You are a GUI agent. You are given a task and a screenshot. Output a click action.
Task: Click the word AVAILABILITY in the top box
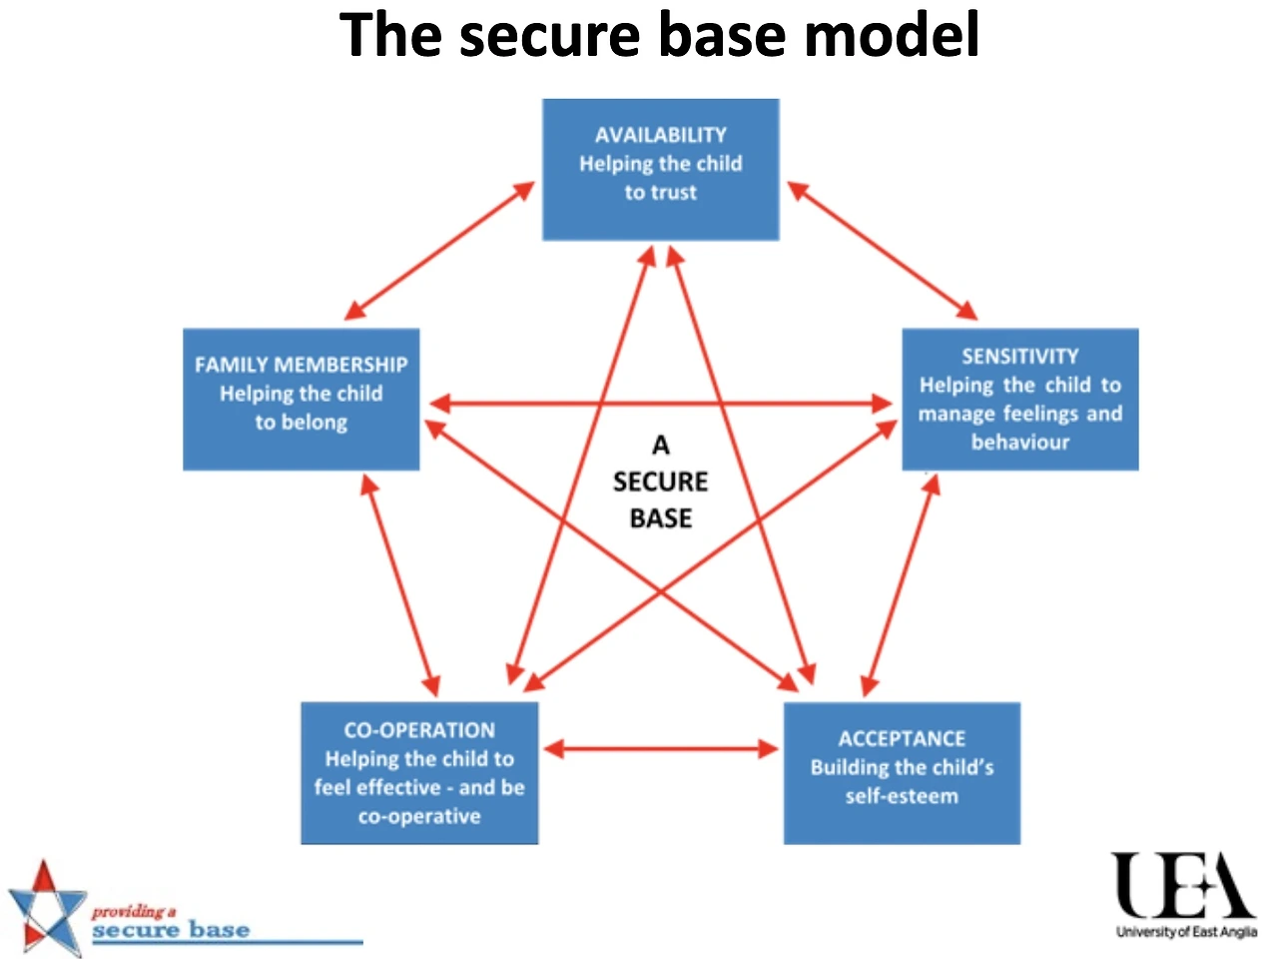(x=660, y=135)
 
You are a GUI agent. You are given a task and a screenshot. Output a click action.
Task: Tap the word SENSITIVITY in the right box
(x=1020, y=357)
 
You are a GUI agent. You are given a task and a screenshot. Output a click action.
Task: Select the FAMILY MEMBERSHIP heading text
(x=301, y=365)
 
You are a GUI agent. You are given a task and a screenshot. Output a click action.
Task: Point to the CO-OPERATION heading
(x=419, y=730)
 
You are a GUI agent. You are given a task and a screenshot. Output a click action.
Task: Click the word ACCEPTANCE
(x=902, y=739)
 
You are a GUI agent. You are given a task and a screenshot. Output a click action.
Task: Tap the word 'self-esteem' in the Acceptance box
(x=902, y=796)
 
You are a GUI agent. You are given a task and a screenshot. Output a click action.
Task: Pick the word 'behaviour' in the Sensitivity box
(x=1020, y=443)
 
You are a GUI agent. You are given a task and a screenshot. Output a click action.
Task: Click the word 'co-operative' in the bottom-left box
(x=419, y=816)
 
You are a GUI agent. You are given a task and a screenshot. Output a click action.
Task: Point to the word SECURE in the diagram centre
(x=660, y=482)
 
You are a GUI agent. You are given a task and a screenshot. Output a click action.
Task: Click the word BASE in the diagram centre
(x=661, y=518)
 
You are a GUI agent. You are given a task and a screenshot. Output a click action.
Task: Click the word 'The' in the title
(x=390, y=35)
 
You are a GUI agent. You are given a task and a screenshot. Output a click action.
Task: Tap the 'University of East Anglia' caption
(x=1186, y=932)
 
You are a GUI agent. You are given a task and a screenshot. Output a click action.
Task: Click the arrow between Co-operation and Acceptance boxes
(x=661, y=749)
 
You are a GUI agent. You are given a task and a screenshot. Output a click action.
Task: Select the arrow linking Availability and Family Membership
(x=439, y=251)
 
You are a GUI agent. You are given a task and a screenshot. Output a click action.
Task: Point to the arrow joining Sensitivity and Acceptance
(x=901, y=585)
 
